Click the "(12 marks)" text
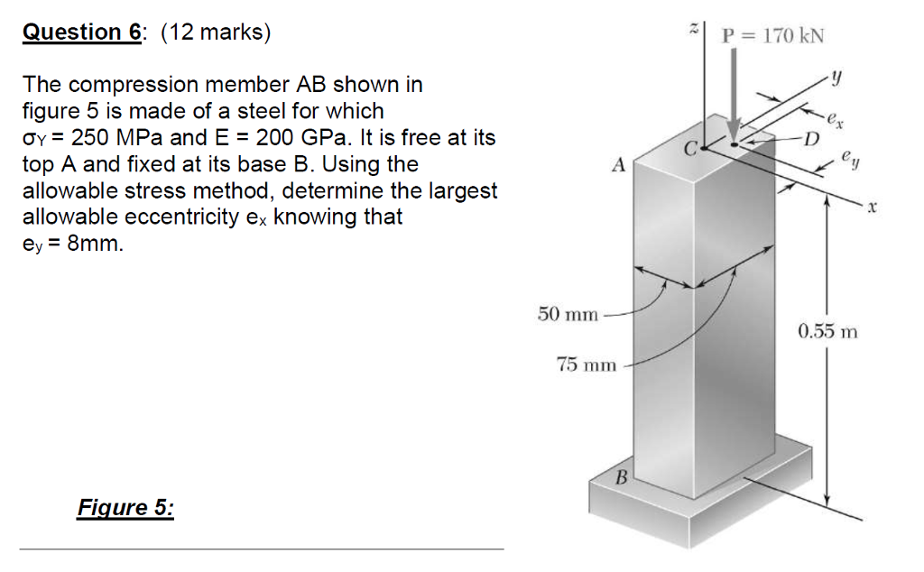tap(215, 32)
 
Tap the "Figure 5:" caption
tap(125, 507)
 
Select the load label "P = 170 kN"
tap(773, 36)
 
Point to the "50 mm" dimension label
tap(568, 314)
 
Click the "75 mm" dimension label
tap(587, 364)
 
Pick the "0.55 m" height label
tap(827, 331)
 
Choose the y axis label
tap(837, 79)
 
